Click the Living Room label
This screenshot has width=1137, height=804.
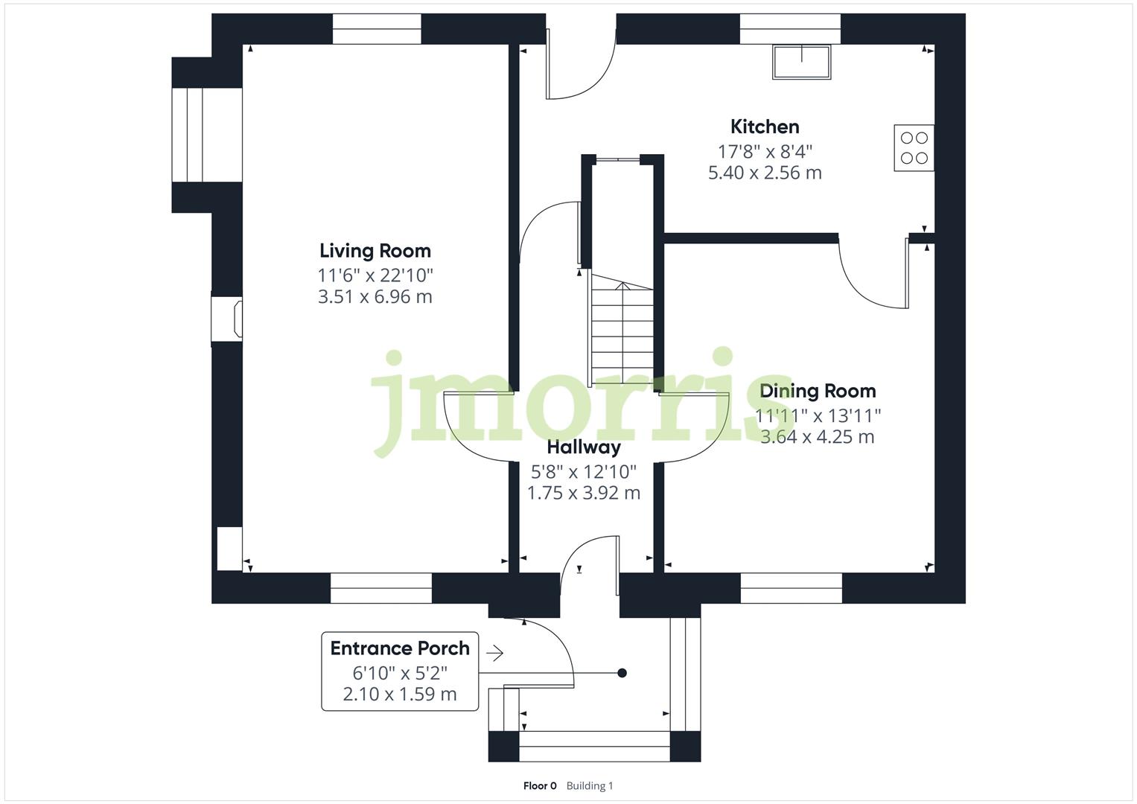[x=375, y=251]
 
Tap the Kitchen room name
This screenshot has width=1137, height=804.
[x=765, y=127]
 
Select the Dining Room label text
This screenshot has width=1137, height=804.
[x=818, y=391]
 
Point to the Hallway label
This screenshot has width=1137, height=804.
[x=584, y=447]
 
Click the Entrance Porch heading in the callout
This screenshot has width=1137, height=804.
[x=400, y=648]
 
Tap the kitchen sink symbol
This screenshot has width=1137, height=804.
[x=801, y=62]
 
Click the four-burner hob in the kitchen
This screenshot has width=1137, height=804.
[x=914, y=147]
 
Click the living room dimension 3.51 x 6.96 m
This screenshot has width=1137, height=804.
[x=375, y=297]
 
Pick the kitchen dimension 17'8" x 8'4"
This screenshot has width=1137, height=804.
[x=765, y=151]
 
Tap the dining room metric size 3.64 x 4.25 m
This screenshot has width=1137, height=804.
[x=818, y=437]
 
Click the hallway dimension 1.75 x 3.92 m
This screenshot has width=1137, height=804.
[x=584, y=493]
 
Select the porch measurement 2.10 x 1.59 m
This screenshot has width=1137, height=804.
[x=400, y=695]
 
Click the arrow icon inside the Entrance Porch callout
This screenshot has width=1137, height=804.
[x=494, y=654]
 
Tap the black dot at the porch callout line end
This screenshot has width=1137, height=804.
[x=622, y=673]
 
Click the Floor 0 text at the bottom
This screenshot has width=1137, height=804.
[x=540, y=786]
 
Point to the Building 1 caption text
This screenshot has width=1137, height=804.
[x=590, y=786]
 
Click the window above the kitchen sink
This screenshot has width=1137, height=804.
[x=790, y=29]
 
